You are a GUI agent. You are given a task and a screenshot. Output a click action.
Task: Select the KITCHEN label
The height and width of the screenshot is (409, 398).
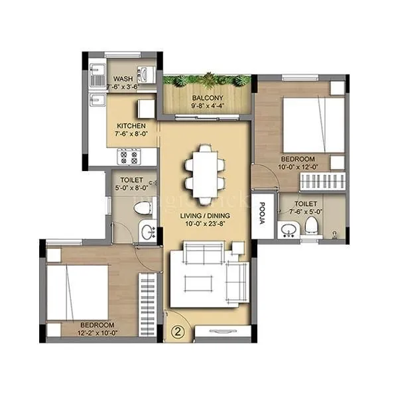click(131, 126)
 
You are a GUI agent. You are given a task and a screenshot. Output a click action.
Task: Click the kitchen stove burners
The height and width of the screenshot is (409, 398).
click(129, 157)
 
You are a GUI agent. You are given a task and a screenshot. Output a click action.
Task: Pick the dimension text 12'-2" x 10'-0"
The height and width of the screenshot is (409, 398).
click(96, 333)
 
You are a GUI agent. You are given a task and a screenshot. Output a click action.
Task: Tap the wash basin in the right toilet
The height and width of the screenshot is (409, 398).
click(289, 229)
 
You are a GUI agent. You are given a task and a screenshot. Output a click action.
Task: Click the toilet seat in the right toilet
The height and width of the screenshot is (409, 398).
click(310, 225)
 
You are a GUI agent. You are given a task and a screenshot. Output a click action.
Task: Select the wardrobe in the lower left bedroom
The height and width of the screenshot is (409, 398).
click(147, 306)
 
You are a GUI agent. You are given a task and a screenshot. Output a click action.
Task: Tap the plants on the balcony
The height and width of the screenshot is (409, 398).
click(207, 80)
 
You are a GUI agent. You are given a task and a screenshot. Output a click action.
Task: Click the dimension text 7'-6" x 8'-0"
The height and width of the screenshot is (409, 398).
click(131, 135)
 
